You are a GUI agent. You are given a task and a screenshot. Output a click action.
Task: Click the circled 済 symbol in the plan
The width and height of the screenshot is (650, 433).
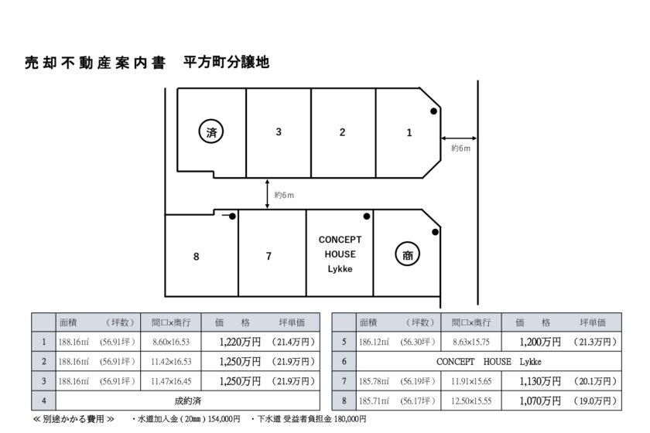[211, 131]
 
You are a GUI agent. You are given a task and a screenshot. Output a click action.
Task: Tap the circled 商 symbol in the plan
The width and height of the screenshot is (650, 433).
[408, 254]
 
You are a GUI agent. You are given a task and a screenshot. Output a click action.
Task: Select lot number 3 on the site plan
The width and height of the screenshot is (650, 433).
[279, 131]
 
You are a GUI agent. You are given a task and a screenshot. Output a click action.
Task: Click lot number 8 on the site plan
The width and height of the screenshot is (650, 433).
[197, 257]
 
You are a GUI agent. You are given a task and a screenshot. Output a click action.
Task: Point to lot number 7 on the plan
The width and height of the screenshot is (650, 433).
[269, 257]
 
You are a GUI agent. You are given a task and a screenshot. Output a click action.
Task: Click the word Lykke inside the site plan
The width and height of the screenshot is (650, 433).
[340, 269]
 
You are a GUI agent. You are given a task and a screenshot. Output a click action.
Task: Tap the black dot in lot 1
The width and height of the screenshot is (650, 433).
[433, 111]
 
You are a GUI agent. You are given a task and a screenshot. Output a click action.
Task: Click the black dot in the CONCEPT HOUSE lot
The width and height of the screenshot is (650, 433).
[367, 216]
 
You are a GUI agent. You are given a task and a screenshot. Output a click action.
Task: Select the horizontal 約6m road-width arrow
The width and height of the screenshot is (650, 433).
[459, 138]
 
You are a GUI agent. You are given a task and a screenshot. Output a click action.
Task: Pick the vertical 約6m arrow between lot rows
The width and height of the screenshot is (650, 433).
[268, 194]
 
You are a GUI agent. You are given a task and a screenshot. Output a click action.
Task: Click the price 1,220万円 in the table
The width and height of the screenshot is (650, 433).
[240, 342]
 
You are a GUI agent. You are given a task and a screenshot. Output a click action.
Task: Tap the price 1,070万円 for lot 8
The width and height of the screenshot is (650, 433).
[540, 401]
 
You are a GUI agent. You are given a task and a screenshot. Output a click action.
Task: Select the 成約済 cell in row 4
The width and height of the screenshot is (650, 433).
[188, 401]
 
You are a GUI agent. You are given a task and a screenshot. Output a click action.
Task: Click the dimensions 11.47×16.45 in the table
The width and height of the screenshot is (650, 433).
[171, 381]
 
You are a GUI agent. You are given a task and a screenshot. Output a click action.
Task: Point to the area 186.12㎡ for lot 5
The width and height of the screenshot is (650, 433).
[375, 342]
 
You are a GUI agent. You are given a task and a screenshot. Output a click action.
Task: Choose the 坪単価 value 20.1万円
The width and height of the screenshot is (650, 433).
[595, 381]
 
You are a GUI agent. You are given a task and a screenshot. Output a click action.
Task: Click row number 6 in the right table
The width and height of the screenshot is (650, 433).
[344, 361]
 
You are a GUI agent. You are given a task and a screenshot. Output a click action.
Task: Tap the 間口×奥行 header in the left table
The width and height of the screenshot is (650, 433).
[171, 322]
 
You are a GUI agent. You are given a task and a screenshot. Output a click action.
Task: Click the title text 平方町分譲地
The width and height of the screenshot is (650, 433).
[226, 62]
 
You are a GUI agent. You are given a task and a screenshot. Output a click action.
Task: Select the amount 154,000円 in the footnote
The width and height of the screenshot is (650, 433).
[224, 419]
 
